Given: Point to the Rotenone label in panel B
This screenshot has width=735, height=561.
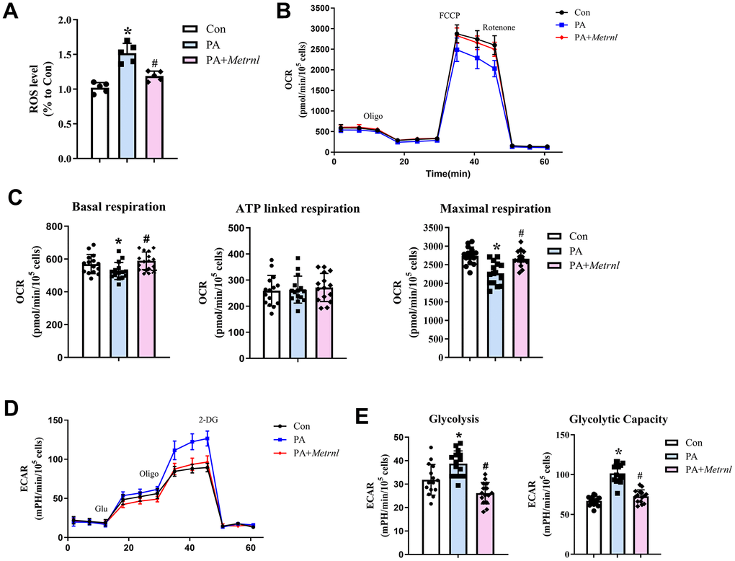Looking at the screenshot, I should point(498,27).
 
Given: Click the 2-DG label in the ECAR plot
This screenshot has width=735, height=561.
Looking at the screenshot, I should point(207,418).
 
